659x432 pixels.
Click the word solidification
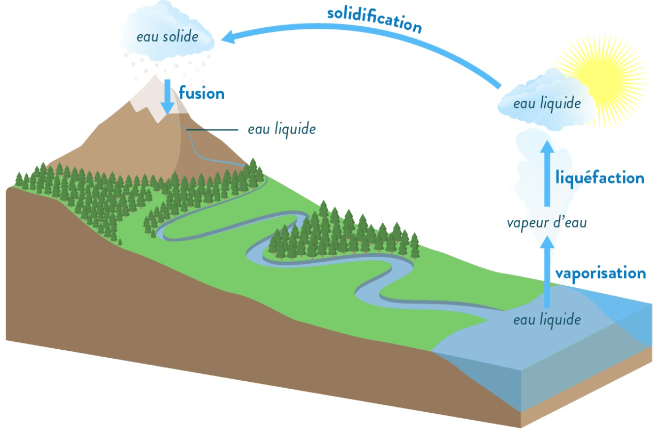[375, 20]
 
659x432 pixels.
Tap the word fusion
[202, 93]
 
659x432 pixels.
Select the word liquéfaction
[600, 178]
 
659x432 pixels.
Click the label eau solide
[168, 36]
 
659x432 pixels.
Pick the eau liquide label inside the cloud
[547, 104]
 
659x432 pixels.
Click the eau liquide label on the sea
[547, 320]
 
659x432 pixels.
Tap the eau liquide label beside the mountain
[282, 129]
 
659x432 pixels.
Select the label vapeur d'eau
[547, 223]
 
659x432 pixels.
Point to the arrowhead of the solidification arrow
[228, 37]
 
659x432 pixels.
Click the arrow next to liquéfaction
[547, 173]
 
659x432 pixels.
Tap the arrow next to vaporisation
[547, 271]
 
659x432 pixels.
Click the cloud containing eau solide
[167, 33]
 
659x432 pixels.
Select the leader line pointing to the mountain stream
[212, 130]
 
